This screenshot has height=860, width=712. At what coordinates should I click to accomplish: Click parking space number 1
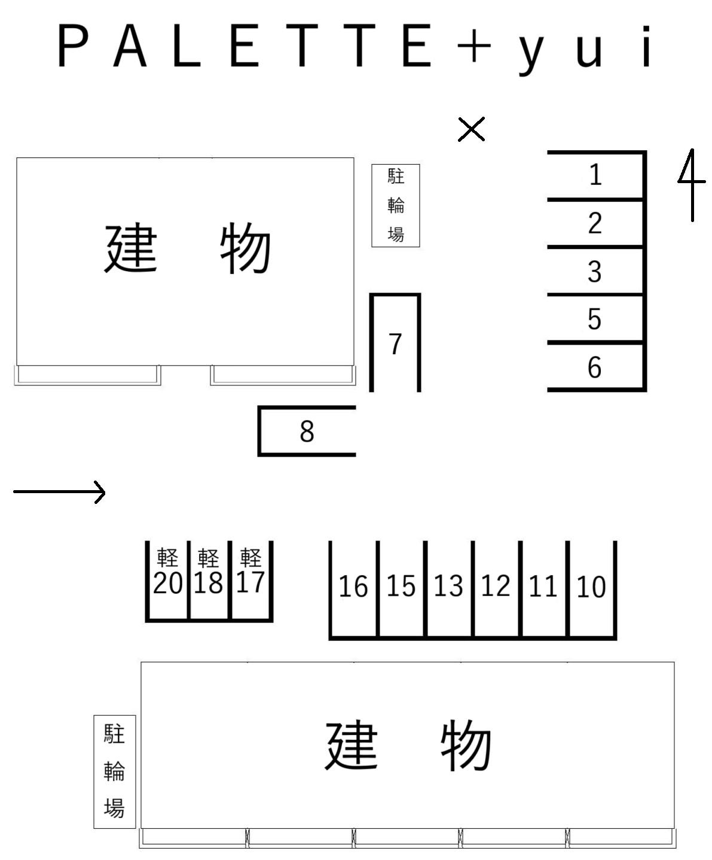click(x=595, y=175)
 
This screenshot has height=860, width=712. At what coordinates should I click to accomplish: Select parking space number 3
click(x=594, y=271)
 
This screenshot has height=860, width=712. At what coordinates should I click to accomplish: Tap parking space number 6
click(x=594, y=367)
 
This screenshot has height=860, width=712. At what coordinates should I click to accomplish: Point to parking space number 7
click(x=395, y=344)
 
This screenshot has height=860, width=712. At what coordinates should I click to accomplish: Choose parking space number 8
click(x=307, y=431)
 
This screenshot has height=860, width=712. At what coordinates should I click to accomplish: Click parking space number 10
click(x=591, y=587)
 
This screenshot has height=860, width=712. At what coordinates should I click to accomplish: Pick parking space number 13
click(x=448, y=586)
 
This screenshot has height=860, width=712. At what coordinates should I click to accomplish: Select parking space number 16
click(x=353, y=586)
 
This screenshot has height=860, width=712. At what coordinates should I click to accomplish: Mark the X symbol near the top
click(x=472, y=129)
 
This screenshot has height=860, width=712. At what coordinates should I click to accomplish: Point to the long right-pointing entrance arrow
click(x=60, y=493)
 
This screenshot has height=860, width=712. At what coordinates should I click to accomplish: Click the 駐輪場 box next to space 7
click(x=396, y=205)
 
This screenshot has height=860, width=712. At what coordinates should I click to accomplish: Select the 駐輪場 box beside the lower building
click(x=114, y=771)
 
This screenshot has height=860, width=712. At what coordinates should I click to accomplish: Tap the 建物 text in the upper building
click(x=188, y=248)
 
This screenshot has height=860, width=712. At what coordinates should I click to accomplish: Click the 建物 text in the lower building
click(x=408, y=745)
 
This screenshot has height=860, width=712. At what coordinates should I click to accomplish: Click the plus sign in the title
click(x=473, y=45)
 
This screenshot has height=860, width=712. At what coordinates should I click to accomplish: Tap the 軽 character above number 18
click(x=208, y=558)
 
